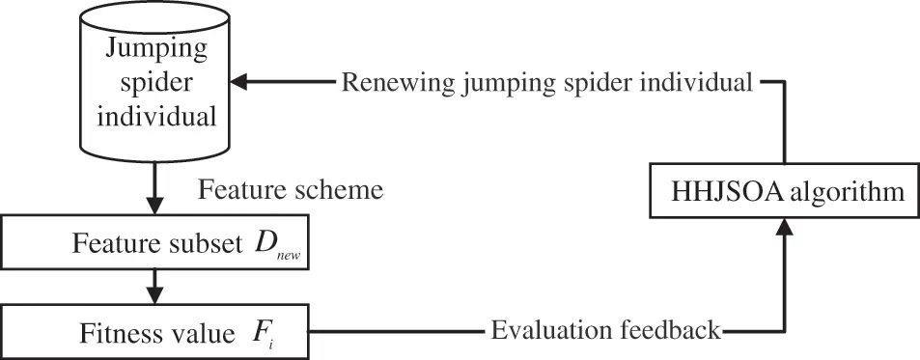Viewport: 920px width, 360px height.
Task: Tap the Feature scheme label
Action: pyautogui.click(x=291, y=190)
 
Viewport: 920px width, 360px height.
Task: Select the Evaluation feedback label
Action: pyautogui.click(x=605, y=331)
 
